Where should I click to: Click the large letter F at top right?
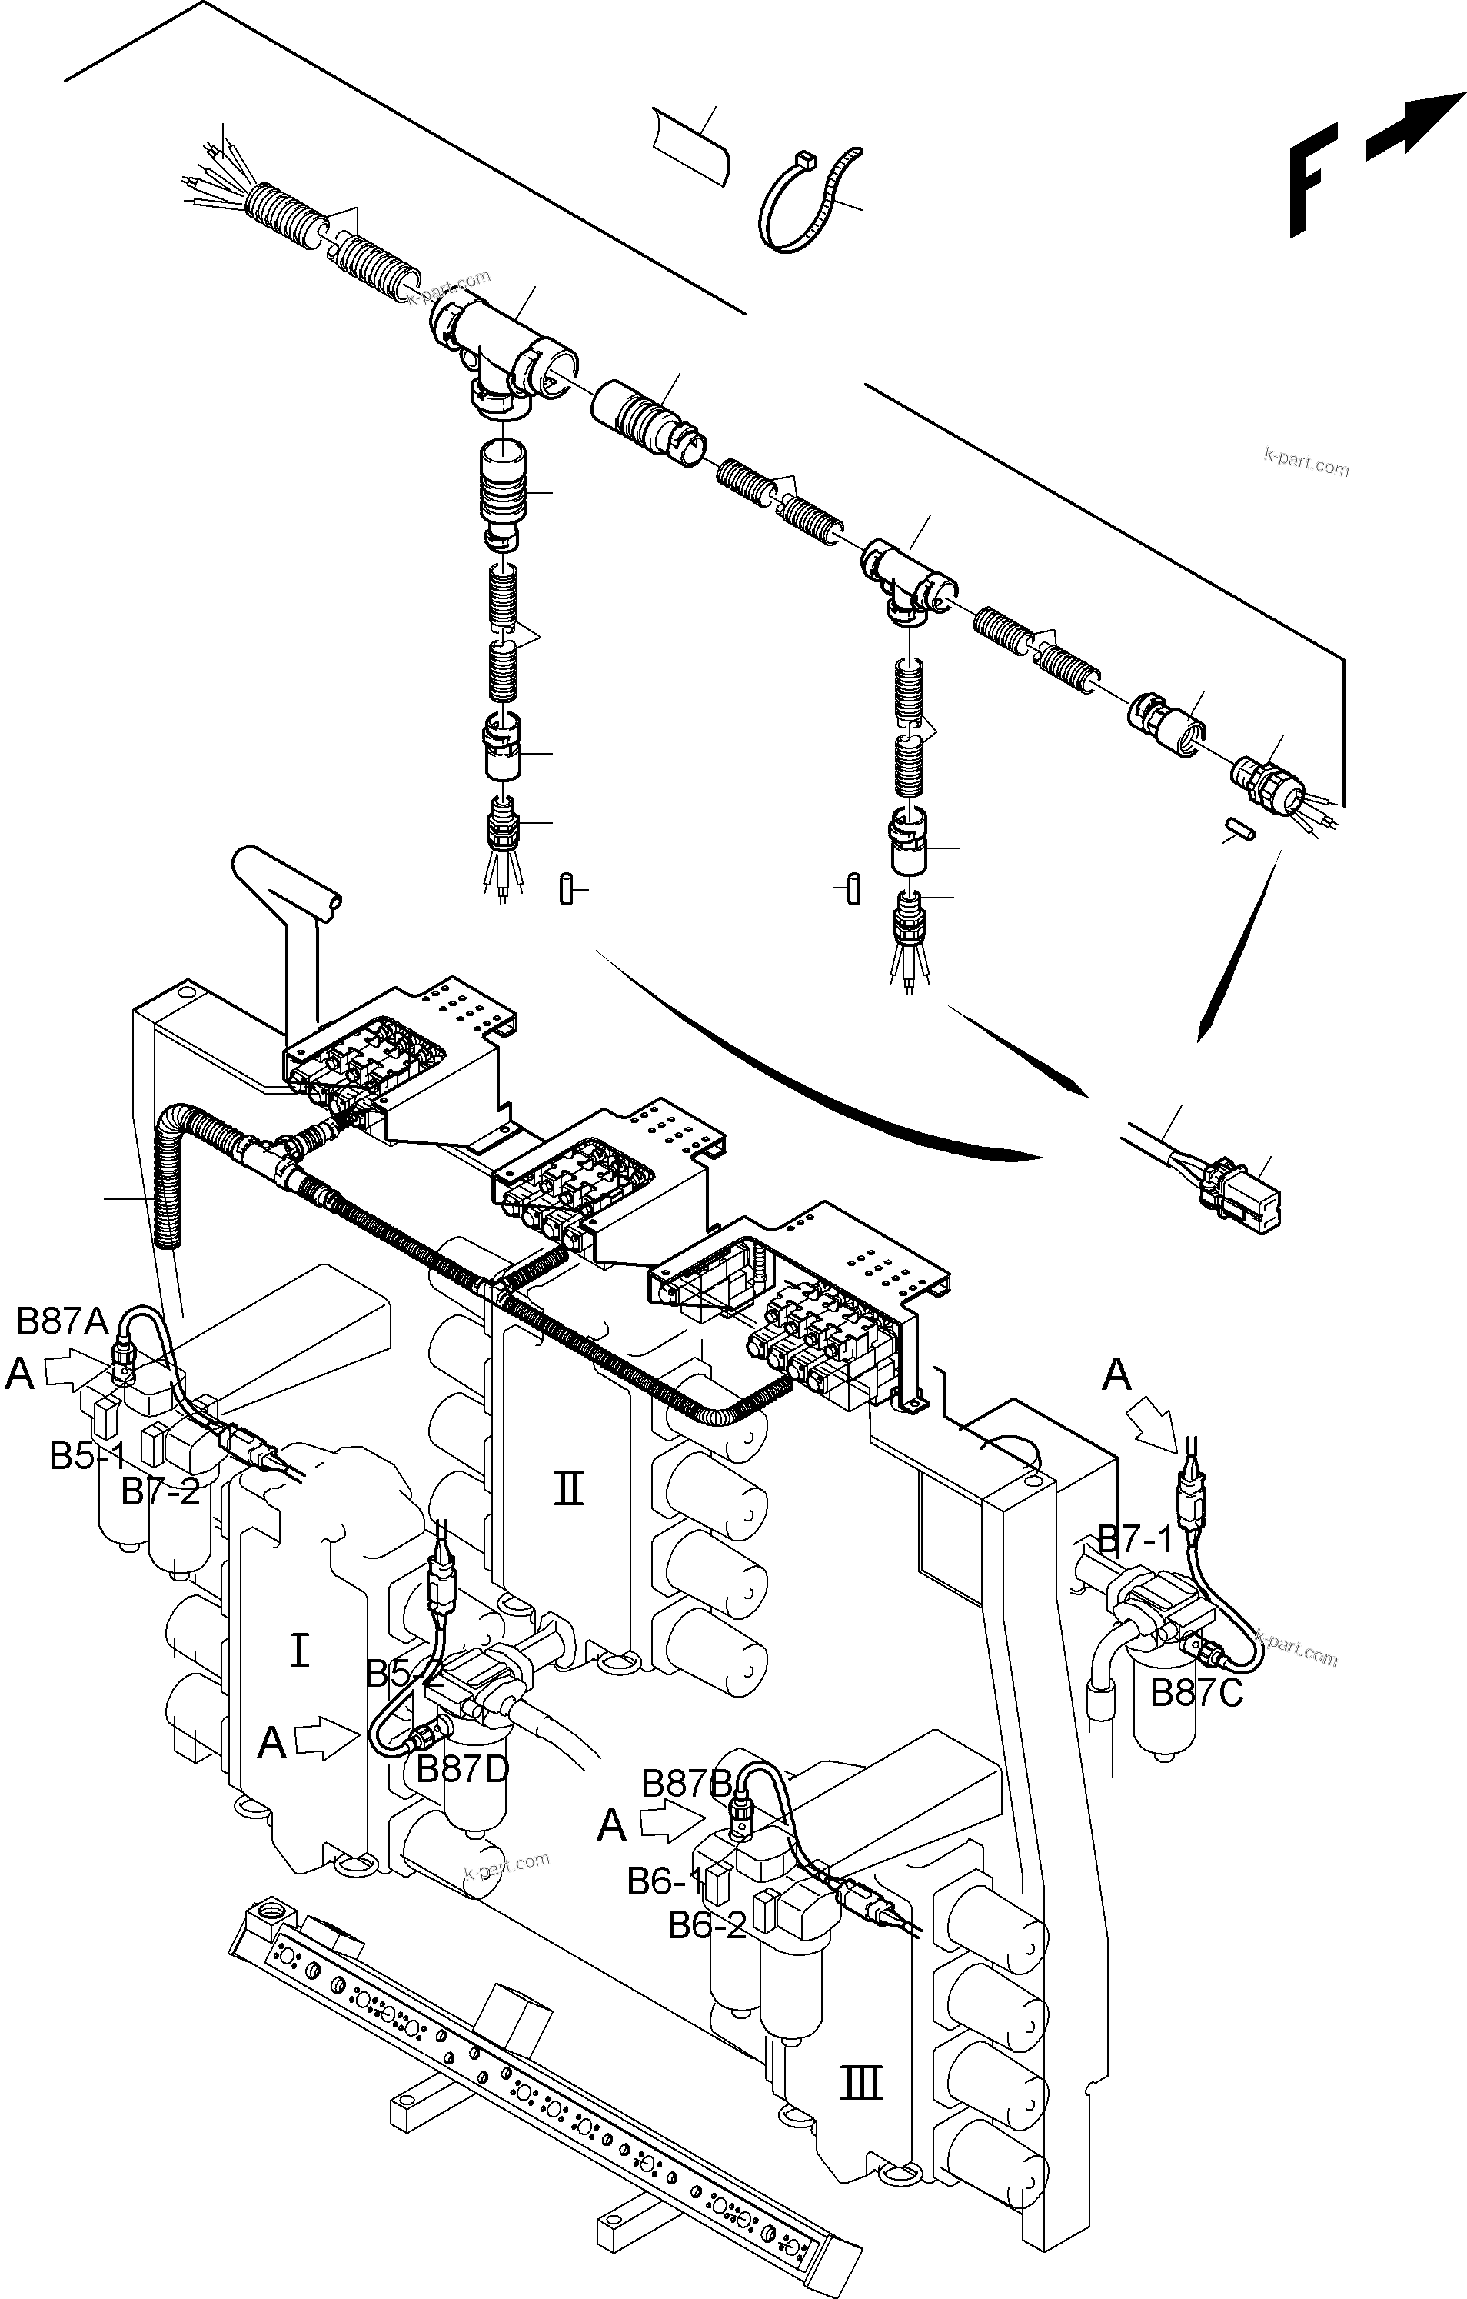1309,185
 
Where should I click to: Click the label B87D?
463,1769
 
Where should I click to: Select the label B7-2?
161,1491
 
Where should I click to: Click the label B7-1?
1134,1539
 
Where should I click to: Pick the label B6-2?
707,1926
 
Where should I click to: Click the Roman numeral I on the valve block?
299,1650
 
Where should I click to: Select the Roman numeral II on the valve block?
569,1488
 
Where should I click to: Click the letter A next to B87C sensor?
1116,1376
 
